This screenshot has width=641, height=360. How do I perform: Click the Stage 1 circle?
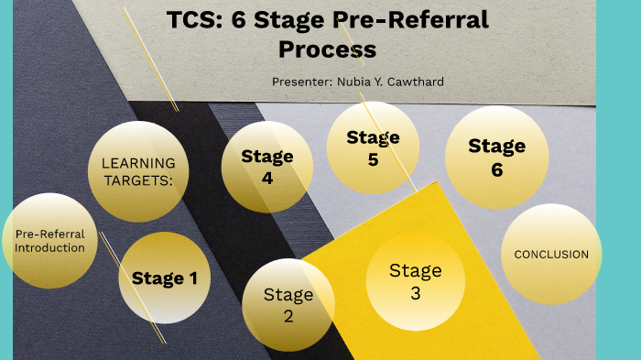coord(165,278)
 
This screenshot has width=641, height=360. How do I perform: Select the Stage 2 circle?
coord(288,305)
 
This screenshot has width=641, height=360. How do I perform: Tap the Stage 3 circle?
coord(415,282)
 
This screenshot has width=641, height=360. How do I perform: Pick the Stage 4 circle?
coord(267,167)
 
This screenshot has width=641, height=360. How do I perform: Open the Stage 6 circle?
coord(496,157)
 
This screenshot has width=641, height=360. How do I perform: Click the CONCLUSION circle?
coord(551,254)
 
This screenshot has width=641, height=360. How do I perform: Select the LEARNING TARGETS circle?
coord(138,171)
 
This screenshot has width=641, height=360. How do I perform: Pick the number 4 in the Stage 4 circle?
coord(267,179)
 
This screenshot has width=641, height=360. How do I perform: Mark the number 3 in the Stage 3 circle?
coord(415,294)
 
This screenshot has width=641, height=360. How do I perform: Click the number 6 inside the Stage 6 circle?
coord(496,169)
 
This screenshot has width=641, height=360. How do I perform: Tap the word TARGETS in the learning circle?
coord(138,180)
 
